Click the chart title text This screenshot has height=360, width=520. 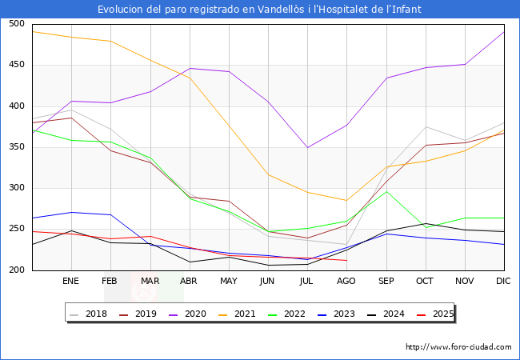(259, 10)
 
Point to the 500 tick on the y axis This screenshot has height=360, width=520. (16, 24)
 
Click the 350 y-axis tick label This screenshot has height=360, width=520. (16, 147)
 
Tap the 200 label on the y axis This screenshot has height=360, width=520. (16, 270)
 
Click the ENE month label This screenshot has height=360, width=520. (71, 282)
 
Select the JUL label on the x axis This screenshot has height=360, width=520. (307, 282)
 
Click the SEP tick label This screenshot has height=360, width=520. (386, 282)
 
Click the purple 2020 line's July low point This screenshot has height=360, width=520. (307, 147)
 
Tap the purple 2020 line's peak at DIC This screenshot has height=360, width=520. (504, 31)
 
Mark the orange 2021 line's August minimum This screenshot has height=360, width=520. (346, 200)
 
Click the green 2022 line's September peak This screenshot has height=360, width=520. (386, 191)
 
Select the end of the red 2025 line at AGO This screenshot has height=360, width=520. (346, 260)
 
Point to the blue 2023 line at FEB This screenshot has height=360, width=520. (110, 214)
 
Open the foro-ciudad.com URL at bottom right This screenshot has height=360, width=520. (458, 347)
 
